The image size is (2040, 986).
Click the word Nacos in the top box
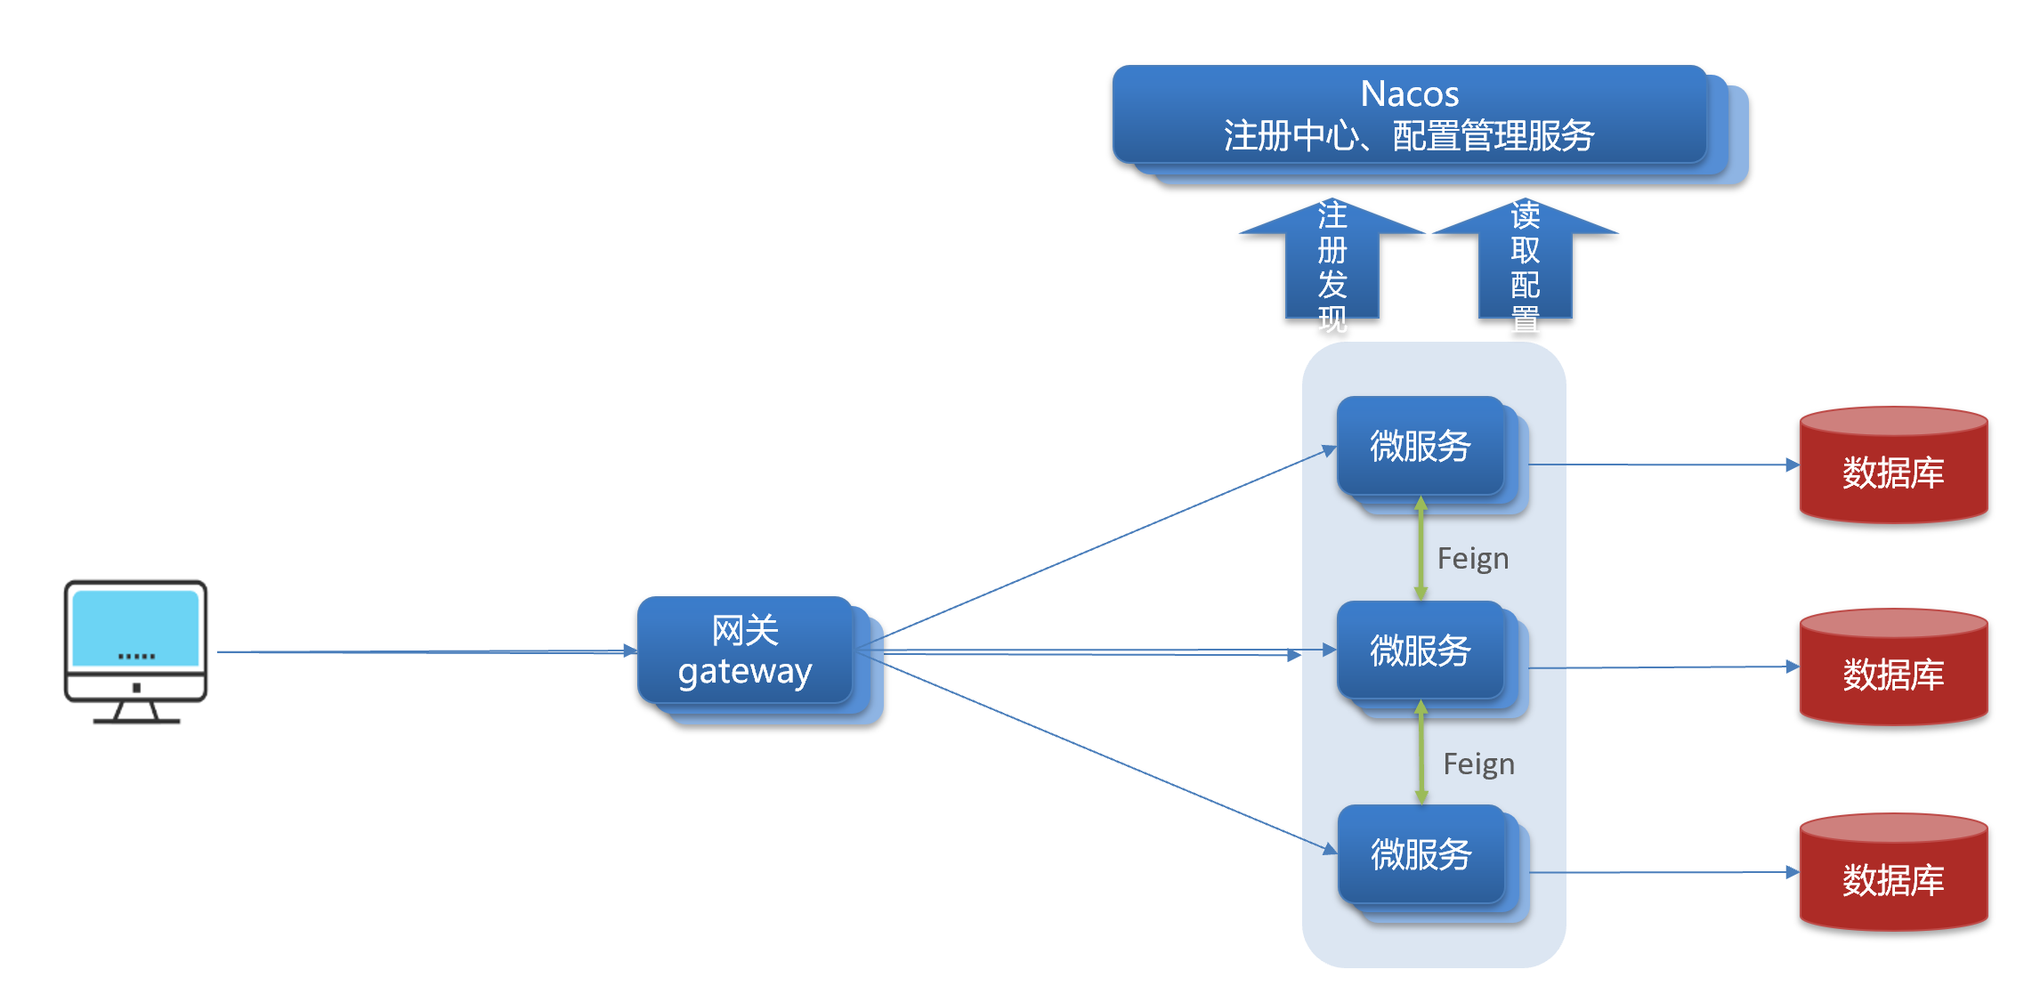click(x=1410, y=93)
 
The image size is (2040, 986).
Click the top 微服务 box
click(x=1421, y=446)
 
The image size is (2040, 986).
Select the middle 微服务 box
click(x=1421, y=651)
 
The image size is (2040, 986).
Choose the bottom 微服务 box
click(x=1421, y=854)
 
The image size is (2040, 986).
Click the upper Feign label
click(x=1473, y=559)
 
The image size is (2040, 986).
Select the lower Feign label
click(x=1478, y=764)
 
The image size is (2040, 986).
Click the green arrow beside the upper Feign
click(x=1421, y=548)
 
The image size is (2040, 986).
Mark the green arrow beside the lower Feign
click(x=1421, y=753)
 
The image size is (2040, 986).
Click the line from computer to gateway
click(x=427, y=651)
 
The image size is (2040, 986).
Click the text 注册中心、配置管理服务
click(x=1409, y=136)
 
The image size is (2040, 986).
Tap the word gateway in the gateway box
click(x=745, y=672)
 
